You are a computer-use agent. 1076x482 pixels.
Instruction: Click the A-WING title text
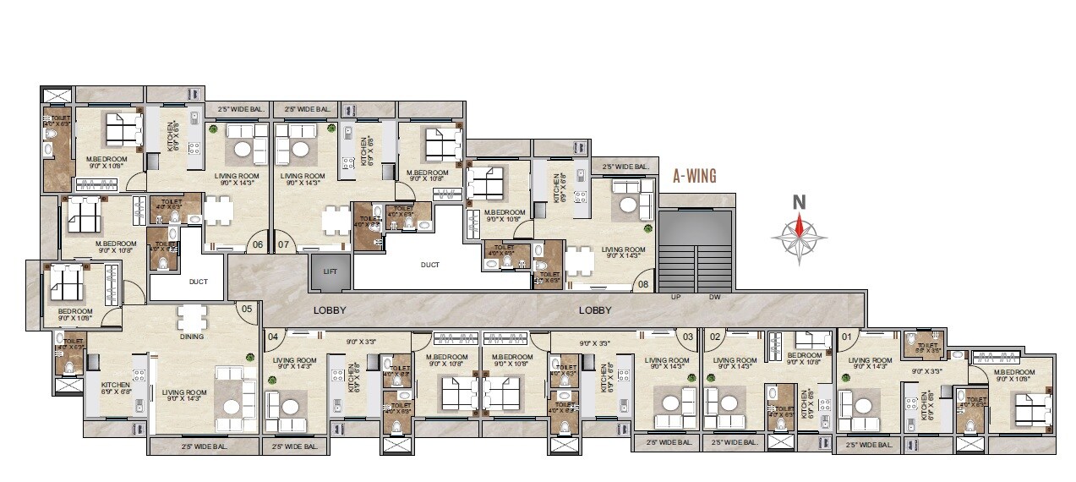tap(694, 177)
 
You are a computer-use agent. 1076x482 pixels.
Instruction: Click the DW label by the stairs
tap(714, 298)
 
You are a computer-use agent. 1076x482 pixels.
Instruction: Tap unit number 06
tap(258, 245)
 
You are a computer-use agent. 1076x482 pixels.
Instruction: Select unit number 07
tap(283, 245)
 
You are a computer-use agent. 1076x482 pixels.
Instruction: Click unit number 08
tap(644, 285)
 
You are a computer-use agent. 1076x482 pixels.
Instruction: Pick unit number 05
tap(246, 309)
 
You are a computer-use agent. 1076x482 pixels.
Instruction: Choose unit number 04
tap(273, 337)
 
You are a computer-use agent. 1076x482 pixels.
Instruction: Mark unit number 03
tap(689, 337)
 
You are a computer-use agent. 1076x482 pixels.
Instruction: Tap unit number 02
tap(715, 337)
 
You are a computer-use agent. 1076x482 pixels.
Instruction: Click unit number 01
tap(848, 337)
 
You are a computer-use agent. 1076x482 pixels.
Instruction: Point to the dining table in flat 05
tap(191, 316)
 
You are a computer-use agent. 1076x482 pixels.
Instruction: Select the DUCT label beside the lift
tap(430, 265)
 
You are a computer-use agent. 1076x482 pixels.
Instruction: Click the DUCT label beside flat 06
tap(199, 282)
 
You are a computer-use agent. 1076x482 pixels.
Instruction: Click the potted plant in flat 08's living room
tap(647, 228)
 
